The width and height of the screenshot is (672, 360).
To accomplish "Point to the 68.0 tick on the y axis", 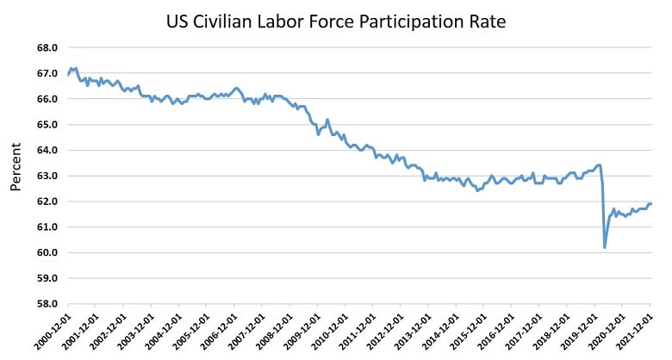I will click(49, 48).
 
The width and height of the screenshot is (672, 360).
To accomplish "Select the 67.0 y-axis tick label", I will click(49, 74).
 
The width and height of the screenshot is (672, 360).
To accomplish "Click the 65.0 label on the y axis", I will click(49, 125).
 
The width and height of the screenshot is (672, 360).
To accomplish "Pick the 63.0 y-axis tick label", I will click(49, 176).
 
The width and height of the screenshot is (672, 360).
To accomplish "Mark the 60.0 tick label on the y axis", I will click(49, 253).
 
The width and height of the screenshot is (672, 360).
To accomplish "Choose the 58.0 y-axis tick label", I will click(49, 304).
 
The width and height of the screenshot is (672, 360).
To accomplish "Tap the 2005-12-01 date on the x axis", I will click(192, 331).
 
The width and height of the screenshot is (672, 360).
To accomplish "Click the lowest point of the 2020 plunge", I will click(605, 248).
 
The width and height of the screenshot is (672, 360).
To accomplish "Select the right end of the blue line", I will click(651, 204).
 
